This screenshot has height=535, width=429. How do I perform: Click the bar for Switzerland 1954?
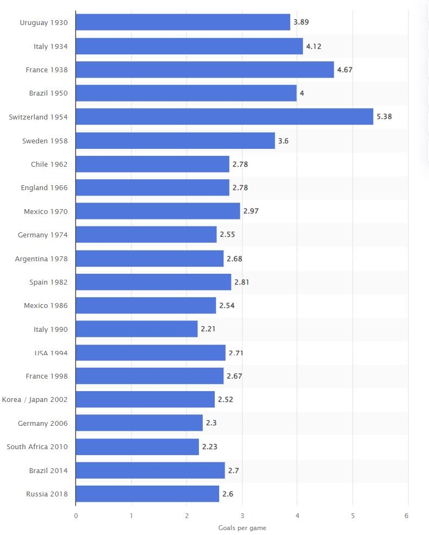click(x=224, y=117)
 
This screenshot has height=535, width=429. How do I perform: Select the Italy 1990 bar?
click(x=136, y=329)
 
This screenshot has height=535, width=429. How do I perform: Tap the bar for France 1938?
click(x=204, y=70)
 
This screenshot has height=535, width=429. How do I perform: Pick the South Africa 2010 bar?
click(x=137, y=446)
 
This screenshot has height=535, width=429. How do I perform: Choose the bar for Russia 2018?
click(x=147, y=494)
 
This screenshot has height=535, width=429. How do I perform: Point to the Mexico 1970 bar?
click(x=158, y=211)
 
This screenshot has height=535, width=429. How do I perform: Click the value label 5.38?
click(x=384, y=117)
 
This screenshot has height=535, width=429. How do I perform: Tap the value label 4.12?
click(x=314, y=46)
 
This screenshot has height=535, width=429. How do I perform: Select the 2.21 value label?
click(x=208, y=329)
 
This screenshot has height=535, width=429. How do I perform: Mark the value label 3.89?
click(x=301, y=22)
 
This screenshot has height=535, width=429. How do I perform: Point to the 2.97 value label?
click(x=251, y=211)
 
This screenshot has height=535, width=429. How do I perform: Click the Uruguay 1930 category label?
click(x=43, y=22)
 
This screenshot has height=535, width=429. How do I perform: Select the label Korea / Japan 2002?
click(x=35, y=400)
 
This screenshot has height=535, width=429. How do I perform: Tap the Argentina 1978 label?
click(x=41, y=259)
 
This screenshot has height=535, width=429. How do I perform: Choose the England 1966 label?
click(x=44, y=187)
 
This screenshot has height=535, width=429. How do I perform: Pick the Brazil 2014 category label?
click(x=48, y=470)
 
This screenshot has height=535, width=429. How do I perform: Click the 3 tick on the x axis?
click(x=242, y=515)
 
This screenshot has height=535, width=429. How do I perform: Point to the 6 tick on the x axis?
click(x=407, y=515)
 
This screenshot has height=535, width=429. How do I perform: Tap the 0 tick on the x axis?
click(x=76, y=515)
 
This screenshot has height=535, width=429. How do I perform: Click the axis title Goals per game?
click(x=242, y=528)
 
